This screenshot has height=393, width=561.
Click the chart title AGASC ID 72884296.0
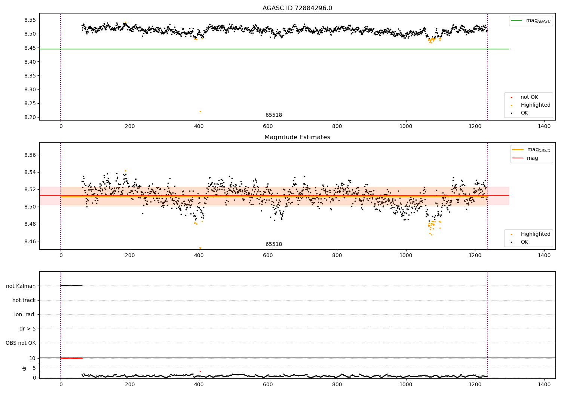click(297, 8)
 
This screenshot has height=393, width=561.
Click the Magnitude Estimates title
click(297, 137)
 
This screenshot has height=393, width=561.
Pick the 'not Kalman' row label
click(21, 286)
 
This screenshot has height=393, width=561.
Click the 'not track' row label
click(24, 301)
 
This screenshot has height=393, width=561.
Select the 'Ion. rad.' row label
click(25, 315)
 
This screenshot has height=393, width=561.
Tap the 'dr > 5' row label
click(28, 329)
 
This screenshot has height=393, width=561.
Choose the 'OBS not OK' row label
click(21, 343)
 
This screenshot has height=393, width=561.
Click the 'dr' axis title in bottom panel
click(24, 368)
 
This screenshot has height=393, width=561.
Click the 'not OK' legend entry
click(529, 97)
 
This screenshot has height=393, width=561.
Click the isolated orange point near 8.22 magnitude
click(200, 111)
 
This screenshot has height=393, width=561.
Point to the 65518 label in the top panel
click(274, 115)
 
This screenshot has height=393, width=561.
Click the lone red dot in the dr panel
click(200, 371)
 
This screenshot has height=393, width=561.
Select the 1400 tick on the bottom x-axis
click(544, 384)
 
